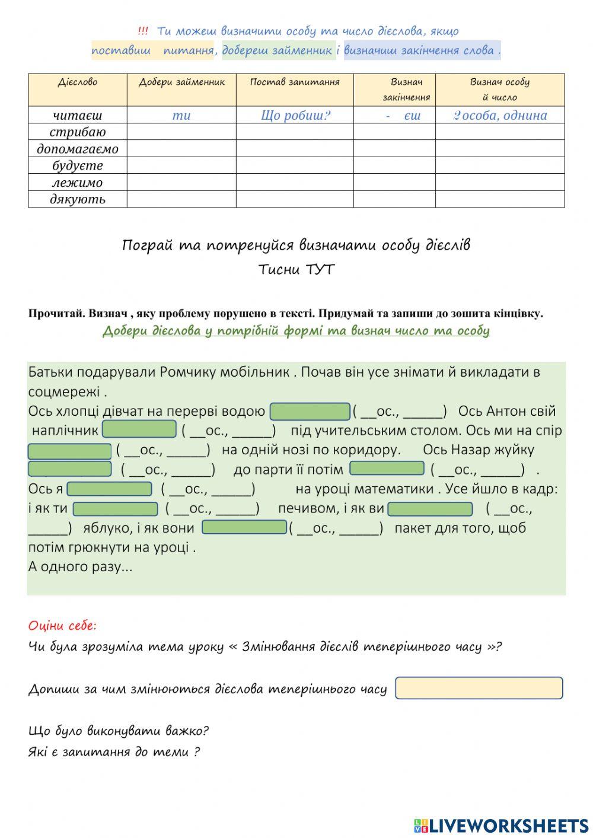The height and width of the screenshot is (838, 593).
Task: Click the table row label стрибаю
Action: click(x=78, y=132)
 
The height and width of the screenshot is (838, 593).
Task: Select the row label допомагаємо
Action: click(x=78, y=149)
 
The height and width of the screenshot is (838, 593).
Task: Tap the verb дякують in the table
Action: click(x=78, y=199)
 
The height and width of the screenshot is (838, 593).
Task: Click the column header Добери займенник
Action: click(x=181, y=82)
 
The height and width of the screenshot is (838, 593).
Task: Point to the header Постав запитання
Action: click(x=295, y=82)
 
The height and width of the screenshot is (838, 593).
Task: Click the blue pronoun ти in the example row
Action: click(x=181, y=115)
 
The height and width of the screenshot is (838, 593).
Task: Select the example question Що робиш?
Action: click(x=295, y=115)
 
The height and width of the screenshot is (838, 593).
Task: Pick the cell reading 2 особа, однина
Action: click(x=500, y=115)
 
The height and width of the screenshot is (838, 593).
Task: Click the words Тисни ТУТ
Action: click(x=296, y=270)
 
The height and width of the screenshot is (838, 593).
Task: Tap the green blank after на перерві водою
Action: click(x=310, y=411)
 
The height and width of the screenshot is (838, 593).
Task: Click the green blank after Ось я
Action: click(x=110, y=489)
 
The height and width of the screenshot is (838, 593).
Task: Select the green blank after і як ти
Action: click(x=115, y=509)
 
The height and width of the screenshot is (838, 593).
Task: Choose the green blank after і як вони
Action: click(x=244, y=527)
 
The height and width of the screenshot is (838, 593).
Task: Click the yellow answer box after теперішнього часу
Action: click(x=479, y=688)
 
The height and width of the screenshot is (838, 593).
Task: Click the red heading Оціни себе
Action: click(x=62, y=626)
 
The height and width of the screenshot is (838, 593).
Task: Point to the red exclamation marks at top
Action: click(x=142, y=31)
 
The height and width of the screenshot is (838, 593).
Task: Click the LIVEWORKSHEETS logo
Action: click(x=501, y=825)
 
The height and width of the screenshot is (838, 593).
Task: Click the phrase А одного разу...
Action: click(x=80, y=566)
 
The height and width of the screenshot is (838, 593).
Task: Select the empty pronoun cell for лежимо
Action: click(x=181, y=182)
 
